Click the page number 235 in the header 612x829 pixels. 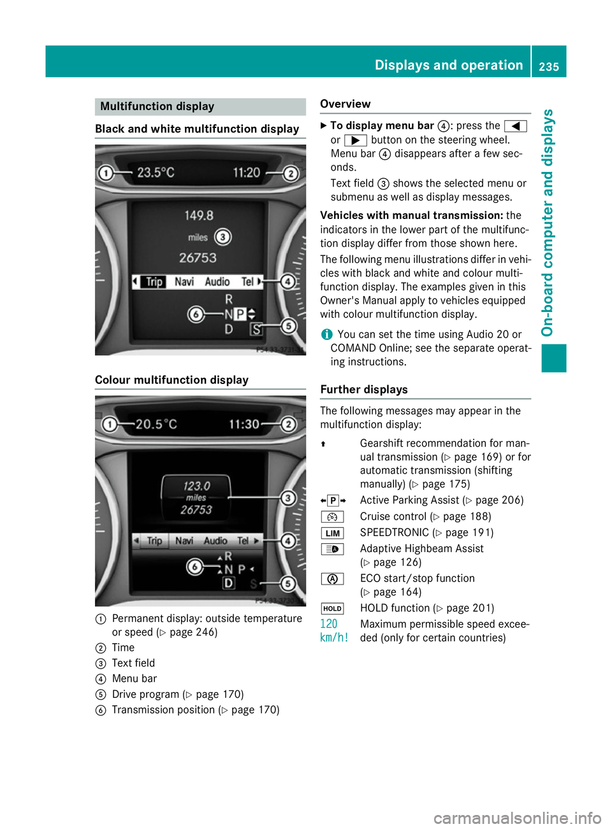tap(548, 66)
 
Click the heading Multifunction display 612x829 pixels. tap(157, 106)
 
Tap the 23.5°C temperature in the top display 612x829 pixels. tap(156, 173)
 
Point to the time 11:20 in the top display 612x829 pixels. tap(246, 173)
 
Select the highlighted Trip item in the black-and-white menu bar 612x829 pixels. tap(154, 281)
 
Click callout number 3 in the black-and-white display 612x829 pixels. tap(222, 237)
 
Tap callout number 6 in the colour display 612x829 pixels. tap(195, 567)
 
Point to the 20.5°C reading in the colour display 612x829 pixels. tap(156, 424)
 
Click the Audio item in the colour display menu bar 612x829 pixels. tap(215, 541)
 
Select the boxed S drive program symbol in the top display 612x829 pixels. tap(256, 329)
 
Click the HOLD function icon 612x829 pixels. tap(332, 609)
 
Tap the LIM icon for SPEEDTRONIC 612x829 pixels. tap(332, 533)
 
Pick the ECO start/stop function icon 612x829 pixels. tap(332, 579)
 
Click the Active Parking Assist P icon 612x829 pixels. tap(333, 500)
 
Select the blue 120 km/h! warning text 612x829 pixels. tap(333, 630)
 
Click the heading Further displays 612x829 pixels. tap(364, 390)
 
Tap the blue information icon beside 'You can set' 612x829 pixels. tap(326, 334)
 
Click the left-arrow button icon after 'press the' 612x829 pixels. tap(515, 126)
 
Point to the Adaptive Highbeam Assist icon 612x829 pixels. tap(332, 549)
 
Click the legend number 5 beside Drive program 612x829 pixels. tap(101, 695)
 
